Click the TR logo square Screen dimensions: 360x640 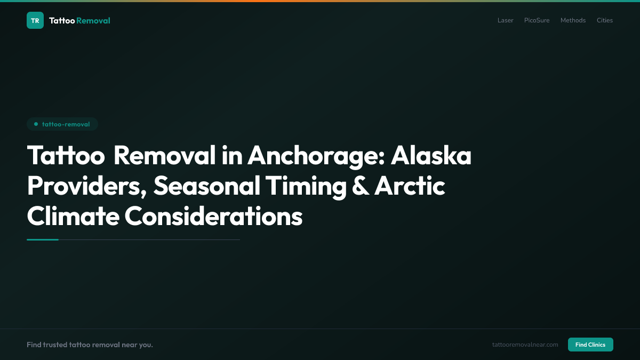pos(35,20)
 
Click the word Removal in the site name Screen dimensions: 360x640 pos(93,21)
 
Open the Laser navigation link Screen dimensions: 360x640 pos(505,20)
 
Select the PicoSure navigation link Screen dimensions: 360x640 pos(537,20)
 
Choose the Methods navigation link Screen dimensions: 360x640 pos(573,20)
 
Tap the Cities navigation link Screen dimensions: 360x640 pos(605,20)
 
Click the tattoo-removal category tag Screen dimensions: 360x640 pos(62,124)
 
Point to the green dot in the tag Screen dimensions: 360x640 pos(36,124)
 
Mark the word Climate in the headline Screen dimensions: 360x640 pos(73,217)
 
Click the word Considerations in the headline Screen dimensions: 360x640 pos(213,217)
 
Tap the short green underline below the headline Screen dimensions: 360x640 pos(43,239)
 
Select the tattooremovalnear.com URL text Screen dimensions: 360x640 pos(525,345)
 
